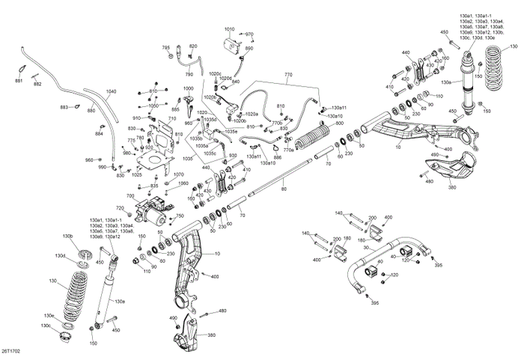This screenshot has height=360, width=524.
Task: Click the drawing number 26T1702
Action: pos(12,349)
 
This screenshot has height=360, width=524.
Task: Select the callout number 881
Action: pos(19,79)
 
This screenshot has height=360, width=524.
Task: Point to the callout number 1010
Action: pos(229,29)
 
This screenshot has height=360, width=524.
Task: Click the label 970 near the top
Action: pos(249,34)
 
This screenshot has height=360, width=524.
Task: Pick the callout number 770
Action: pos(288,76)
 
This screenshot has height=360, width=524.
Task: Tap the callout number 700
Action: pos(130,196)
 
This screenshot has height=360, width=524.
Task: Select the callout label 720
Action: pos(119,207)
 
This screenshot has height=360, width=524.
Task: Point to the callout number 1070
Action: pos(178,174)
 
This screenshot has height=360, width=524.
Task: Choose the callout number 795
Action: pos(166,48)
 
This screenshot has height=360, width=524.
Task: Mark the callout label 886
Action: pos(277,157)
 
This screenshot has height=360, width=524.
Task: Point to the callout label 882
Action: pos(37,85)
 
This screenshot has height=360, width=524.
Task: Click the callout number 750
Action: pos(180,216)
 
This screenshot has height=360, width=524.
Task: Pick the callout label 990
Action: pos(103,168)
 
